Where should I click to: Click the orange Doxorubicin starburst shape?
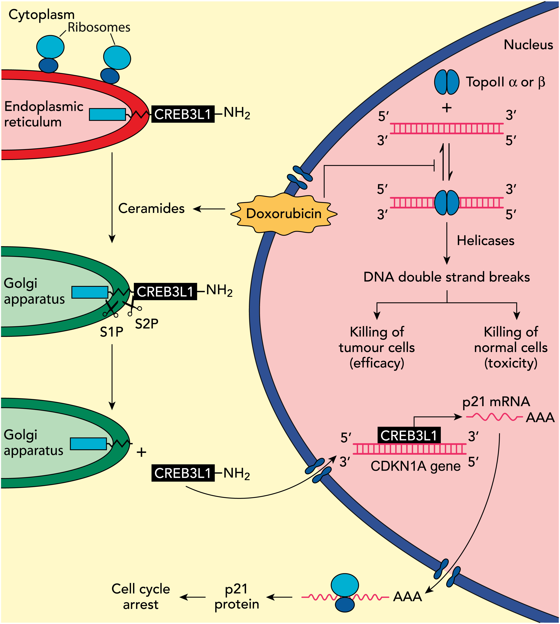pos(284,214)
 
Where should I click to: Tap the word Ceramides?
pos(151,209)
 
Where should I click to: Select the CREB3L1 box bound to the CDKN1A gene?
pos(409,435)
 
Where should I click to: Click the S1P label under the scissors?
pos(111,332)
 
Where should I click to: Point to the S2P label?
pos(147,324)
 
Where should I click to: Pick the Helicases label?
pos(485,241)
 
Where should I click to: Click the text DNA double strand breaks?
pos(446,277)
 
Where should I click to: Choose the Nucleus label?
pos(528,45)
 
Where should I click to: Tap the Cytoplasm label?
pos(42,15)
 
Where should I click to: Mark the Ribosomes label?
pos(99,28)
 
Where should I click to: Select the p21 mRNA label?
pos(496,402)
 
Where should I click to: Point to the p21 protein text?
pos(237,597)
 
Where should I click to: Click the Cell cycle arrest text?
pos(141,597)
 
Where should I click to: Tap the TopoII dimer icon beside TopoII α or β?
pos(446,82)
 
